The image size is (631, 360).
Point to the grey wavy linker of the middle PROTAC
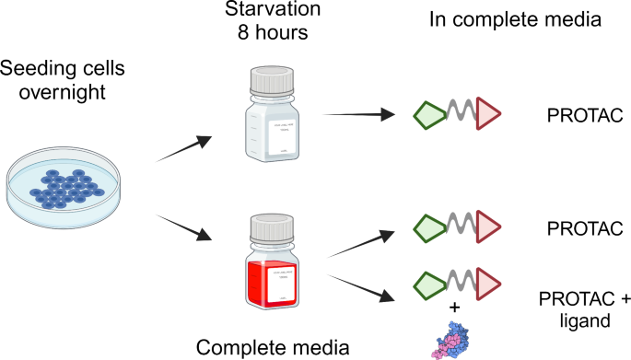(x=461, y=226)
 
